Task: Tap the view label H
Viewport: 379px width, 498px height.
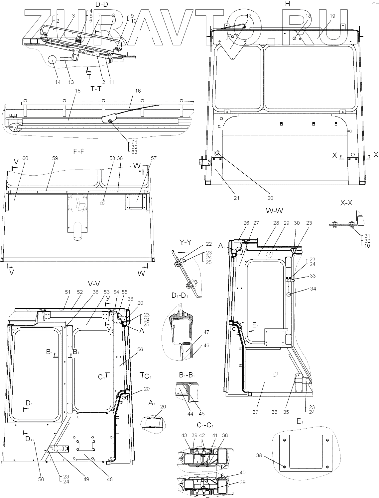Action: click(x=288, y=4)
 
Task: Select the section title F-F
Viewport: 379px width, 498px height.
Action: click(x=78, y=151)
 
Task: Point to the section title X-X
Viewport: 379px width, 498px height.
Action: click(x=346, y=203)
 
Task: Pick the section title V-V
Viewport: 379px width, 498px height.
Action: click(x=94, y=284)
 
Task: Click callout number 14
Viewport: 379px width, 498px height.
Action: click(x=58, y=82)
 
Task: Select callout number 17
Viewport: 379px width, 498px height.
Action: click(x=249, y=16)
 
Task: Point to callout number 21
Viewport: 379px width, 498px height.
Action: click(x=236, y=198)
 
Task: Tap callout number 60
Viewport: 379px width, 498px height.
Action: click(x=25, y=158)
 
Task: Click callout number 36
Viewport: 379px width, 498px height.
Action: click(x=274, y=412)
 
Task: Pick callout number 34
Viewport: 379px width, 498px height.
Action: click(x=313, y=289)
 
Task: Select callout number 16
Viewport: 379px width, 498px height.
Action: click(x=138, y=91)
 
